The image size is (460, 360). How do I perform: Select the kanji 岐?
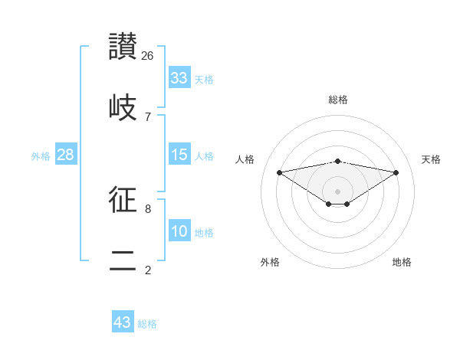pos(123,106)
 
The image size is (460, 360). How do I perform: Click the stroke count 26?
pos(148,56)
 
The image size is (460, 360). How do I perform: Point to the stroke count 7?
pos(148,116)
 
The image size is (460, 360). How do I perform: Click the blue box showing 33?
pos(179,77)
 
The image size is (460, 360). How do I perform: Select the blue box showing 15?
pos(179,155)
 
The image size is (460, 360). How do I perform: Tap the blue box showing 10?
pos(179,231)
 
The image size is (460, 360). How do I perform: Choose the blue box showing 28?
pos(66,155)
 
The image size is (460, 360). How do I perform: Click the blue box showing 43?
pos(123,322)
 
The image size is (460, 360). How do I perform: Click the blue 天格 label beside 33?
pos(204,79)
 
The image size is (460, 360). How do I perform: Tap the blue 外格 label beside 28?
pos(41,156)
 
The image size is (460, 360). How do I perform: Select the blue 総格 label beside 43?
pos(147,324)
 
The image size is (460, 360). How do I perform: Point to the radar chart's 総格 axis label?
pos(338,100)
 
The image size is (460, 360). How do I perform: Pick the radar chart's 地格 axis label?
pos(402,262)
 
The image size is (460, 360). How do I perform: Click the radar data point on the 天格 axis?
pos(396,172)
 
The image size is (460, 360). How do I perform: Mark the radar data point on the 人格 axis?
pos(280,172)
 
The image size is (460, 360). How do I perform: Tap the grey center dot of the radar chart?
pos(338,191)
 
